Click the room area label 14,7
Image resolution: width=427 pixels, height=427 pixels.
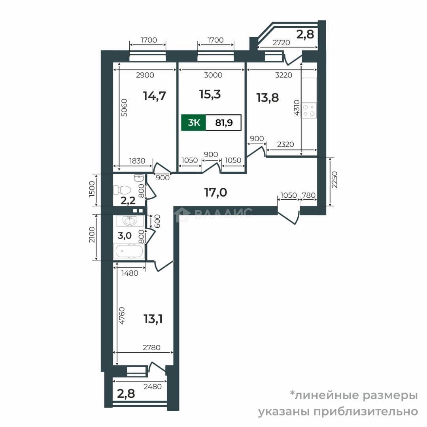[155, 96]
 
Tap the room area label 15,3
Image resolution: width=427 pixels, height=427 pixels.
[210, 94]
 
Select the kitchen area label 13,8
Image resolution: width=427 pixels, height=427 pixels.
[268, 98]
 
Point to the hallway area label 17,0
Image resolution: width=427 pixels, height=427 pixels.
[216, 192]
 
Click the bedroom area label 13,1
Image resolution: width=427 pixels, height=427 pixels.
[153, 319]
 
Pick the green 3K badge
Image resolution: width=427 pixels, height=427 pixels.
[194, 123]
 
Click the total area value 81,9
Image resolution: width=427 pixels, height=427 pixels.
[224, 123]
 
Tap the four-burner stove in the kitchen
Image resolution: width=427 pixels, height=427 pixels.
[309, 110]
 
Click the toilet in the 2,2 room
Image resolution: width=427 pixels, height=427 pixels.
[122, 189]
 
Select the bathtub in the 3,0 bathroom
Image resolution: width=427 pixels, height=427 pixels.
[129, 251]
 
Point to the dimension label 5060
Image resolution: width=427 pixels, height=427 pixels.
[124, 108]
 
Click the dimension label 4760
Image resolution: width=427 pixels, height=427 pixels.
[122, 316]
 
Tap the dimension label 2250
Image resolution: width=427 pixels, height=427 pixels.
[334, 180]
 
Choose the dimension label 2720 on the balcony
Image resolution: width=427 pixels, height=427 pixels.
[282, 42]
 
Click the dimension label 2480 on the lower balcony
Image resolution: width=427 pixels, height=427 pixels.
[153, 386]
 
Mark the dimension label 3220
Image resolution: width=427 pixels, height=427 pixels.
[283, 75]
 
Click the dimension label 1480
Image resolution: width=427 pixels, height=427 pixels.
[130, 273]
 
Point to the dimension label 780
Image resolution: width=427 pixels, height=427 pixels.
[309, 195]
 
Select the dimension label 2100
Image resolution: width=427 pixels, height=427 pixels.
[92, 234]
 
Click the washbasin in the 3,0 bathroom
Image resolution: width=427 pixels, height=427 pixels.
[130, 221]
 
